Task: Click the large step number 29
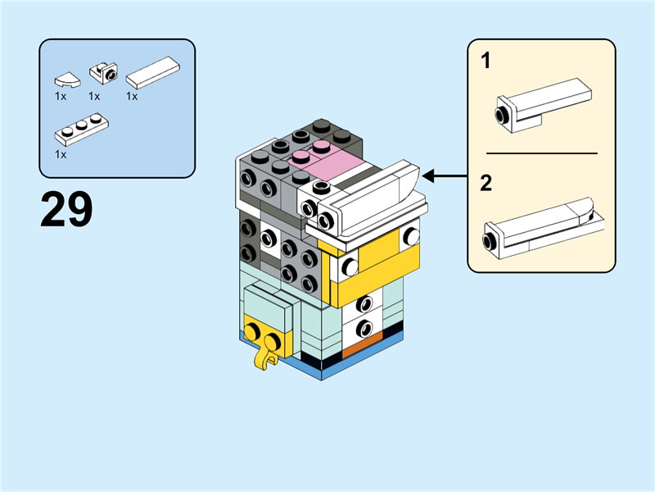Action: (67, 210)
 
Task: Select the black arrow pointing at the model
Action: (443, 175)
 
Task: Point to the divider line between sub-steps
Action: (541, 153)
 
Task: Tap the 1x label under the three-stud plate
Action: (61, 153)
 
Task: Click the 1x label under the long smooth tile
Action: (132, 96)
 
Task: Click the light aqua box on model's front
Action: (267, 305)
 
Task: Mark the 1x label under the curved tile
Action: (61, 96)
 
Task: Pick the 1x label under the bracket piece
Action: (94, 96)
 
